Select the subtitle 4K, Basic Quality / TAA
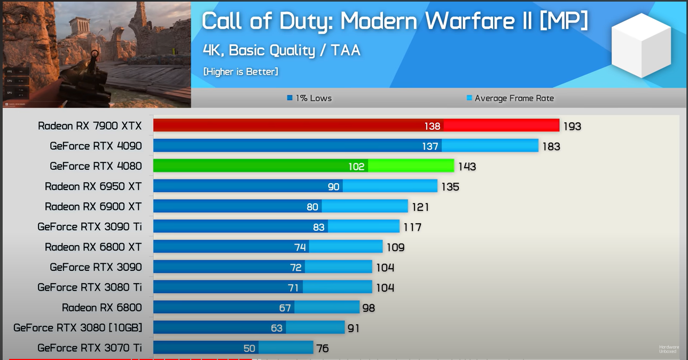tap(282, 50)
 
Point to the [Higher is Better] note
tap(240, 72)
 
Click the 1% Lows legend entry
tap(309, 98)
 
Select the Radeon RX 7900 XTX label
tap(90, 126)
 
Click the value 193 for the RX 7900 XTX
tap(572, 127)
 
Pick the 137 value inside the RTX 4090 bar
tap(430, 146)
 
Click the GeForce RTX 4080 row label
tap(96, 166)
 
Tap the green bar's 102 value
tap(356, 167)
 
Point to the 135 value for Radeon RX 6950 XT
tap(450, 187)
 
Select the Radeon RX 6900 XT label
tap(93, 207)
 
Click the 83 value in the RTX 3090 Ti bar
tap(319, 227)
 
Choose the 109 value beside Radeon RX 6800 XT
tap(395, 247)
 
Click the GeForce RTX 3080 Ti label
tap(89, 287)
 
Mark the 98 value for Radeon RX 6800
tap(369, 308)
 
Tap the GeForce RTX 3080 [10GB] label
tap(77, 327)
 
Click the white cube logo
tap(641, 45)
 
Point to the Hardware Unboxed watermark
tap(669, 349)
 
